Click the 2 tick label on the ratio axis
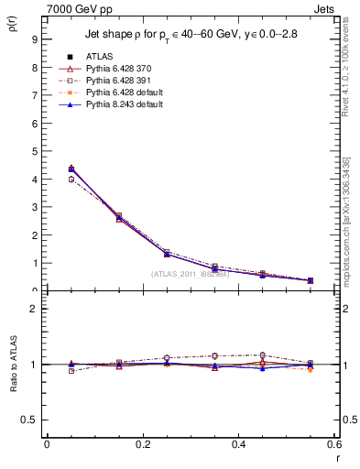pyautogui.click(x=33, y=309)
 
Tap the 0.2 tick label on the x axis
pyautogui.click(x=142, y=444)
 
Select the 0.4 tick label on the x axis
pyautogui.click(x=238, y=444)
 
